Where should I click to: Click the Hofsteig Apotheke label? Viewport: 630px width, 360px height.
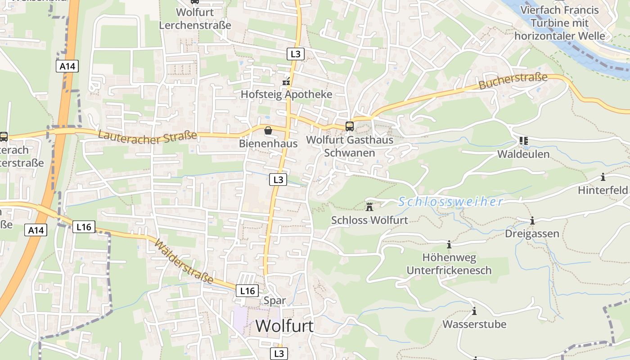pos(286,94)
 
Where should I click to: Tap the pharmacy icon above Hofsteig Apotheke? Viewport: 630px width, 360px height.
pos(286,82)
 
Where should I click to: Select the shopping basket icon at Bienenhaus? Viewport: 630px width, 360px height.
pos(268,130)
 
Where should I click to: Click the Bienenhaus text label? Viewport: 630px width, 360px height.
pos(268,144)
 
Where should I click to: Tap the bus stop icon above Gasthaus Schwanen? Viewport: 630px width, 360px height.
pos(350,126)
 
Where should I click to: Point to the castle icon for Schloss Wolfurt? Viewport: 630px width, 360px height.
pos(370,207)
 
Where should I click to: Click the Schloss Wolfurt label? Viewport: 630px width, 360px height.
pos(369,220)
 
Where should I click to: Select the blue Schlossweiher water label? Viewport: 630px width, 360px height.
pos(450,202)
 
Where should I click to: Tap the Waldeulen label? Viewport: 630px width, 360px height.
pos(523,154)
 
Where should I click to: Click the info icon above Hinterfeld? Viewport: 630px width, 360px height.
pos(603,177)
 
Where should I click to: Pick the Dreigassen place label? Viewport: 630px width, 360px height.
pos(532,234)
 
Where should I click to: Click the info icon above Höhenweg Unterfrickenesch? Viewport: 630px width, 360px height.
pos(449,245)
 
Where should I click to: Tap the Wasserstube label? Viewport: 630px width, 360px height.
pos(474,324)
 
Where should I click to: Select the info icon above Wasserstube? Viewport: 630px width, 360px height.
pos(474,311)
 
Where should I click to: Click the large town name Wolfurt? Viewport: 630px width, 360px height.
pos(285,325)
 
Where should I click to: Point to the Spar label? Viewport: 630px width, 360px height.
pos(275,300)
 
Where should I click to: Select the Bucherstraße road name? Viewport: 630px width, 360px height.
pos(513,81)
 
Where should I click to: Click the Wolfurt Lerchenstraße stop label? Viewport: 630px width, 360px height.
pos(195,18)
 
